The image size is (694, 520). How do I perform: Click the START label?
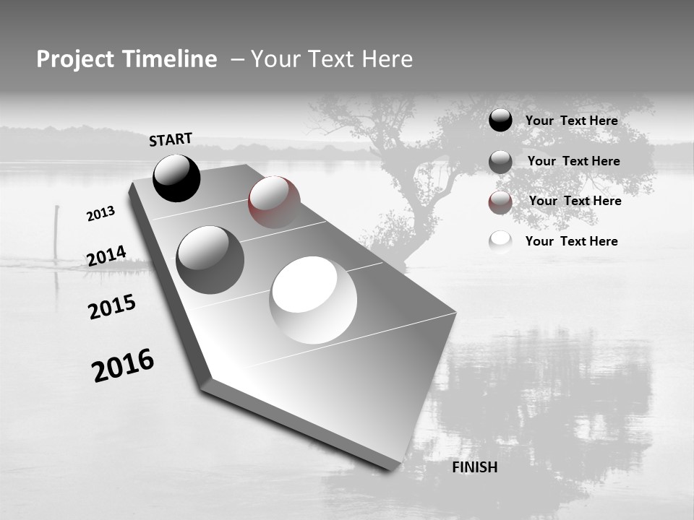171,139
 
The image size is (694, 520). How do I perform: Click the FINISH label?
474,467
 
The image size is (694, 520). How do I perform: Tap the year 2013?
100,214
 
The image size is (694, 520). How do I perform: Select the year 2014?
106,256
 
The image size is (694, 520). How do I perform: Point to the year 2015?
111,307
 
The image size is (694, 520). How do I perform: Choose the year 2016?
123,365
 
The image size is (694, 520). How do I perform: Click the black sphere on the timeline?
176,178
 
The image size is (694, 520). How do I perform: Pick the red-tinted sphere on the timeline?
274,202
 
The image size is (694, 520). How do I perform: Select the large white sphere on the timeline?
313,300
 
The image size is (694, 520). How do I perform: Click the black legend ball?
500,121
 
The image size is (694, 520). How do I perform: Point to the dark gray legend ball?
500,162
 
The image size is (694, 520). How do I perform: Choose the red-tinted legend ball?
500,202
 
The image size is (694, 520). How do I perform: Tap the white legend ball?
500,242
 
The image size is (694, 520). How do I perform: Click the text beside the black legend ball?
571,121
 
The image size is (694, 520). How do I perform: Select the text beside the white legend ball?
571,241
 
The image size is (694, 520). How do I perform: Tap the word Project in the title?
72,59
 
